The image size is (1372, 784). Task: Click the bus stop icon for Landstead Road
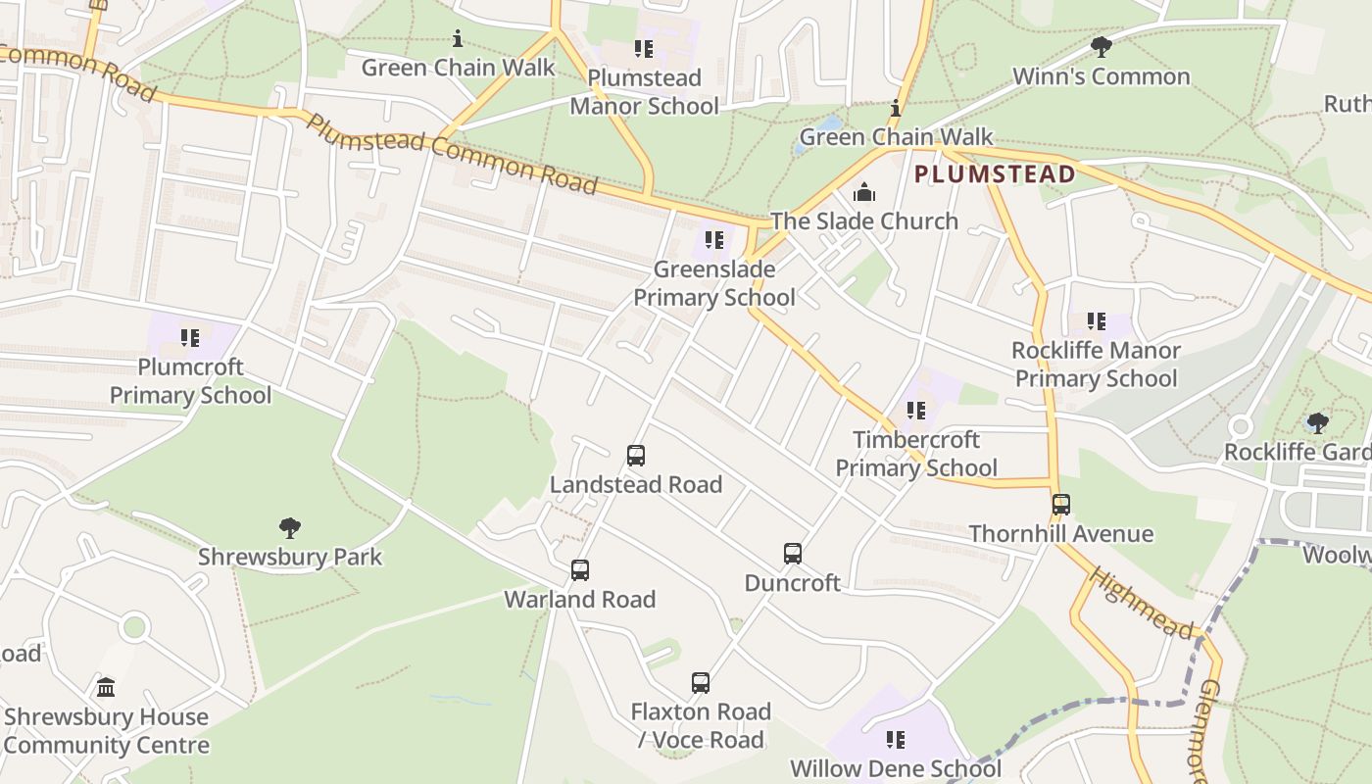pos(636,456)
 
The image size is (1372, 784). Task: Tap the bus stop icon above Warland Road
pos(580,570)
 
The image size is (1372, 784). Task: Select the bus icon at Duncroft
pos(793,554)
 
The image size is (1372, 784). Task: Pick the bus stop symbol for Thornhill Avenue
pos(1061,505)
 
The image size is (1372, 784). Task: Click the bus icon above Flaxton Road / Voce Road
pos(701,683)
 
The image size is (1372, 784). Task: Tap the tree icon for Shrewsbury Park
pos(289,528)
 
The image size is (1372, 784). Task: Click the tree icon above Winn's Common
pos(1101,47)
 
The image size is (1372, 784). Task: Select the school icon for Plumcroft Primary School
pos(190,338)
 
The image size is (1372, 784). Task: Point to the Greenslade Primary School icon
pos(714,240)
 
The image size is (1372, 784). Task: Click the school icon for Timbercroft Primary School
pos(916,411)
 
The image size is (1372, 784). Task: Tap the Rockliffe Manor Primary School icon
pos(1097,321)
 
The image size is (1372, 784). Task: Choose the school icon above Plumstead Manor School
pos(644,49)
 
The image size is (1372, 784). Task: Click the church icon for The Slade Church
pos(864,192)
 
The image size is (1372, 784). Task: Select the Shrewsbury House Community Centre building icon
pos(106,687)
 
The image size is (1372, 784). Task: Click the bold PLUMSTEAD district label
pos(995,175)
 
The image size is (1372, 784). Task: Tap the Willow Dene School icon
pos(896,740)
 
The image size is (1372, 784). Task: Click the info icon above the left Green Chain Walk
pos(458,39)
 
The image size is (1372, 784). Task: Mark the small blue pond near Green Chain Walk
pos(829,124)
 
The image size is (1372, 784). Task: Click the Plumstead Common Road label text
pos(452,153)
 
